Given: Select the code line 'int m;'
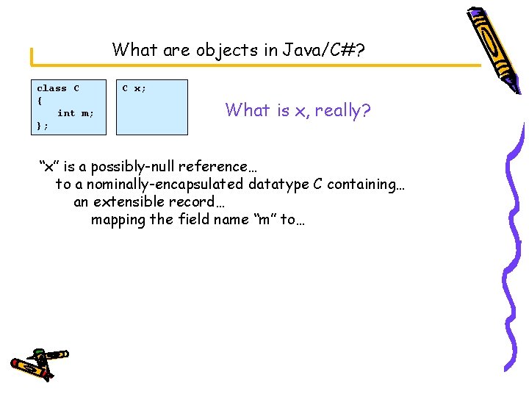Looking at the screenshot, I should tap(76, 113).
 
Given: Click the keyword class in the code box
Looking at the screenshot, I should tap(51, 88).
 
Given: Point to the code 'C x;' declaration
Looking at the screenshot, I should tap(134, 88).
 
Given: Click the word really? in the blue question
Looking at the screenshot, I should tap(342, 111).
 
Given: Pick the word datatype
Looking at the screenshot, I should tap(278, 184).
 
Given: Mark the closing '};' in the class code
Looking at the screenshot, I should tap(43, 126).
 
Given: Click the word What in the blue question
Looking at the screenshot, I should tap(247, 111).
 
